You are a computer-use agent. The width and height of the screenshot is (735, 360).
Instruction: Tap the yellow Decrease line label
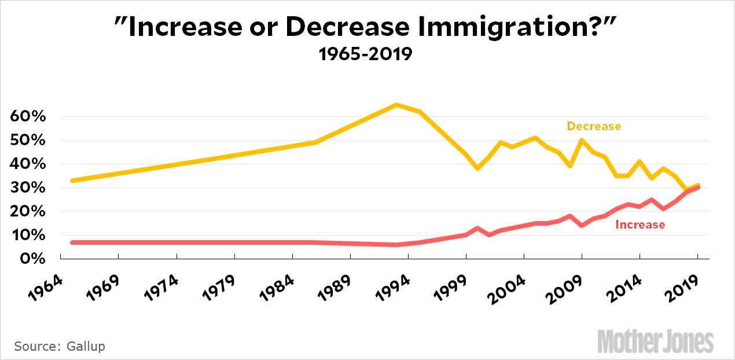tap(594, 126)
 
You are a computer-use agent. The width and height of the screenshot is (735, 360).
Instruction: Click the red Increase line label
tap(640, 225)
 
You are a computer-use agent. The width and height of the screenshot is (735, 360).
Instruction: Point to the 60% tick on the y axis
tap(28, 116)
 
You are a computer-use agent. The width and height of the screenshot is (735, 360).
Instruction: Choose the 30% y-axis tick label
tap(28, 188)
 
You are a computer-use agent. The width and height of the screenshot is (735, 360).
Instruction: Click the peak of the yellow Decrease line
tap(396, 105)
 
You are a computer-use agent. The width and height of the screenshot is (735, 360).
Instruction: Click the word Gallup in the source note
tap(85, 346)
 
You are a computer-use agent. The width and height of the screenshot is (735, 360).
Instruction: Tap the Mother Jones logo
tap(655, 341)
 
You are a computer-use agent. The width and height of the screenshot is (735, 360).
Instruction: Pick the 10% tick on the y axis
tap(28, 235)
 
